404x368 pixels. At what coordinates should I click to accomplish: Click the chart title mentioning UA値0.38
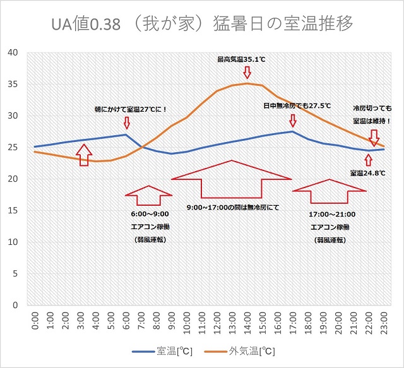[201, 24]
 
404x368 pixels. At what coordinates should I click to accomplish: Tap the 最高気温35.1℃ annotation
[241, 59]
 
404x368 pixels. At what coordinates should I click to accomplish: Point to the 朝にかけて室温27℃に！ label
[131, 109]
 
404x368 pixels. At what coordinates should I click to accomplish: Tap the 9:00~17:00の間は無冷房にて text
[233, 207]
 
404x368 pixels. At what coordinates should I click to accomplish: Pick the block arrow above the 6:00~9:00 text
[148, 195]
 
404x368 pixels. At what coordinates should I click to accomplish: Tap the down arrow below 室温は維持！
[374, 138]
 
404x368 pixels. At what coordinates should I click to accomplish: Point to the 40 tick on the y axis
[13, 52]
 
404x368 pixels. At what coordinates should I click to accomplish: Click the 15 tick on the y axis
[13, 210]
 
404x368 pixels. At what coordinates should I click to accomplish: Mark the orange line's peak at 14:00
[247, 83]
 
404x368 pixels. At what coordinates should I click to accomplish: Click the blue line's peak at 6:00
[126, 134]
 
